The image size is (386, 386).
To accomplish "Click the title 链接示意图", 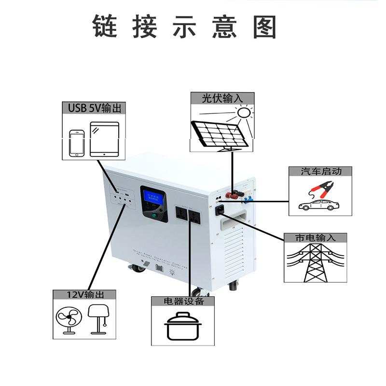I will (x=184, y=27).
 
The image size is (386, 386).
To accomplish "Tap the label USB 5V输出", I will (x=94, y=108).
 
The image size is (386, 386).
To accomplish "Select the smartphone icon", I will (x=76, y=142).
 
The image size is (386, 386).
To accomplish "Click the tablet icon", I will (x=104, y=138).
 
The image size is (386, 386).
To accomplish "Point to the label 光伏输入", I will (x=222, y=98).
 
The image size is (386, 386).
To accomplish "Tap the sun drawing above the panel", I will (x=245, y=112).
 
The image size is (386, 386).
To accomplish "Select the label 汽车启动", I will (x=320, y=171).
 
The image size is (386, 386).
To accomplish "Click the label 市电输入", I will (x=315, y=237).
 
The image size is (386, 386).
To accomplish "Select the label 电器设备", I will (x=183, y=301).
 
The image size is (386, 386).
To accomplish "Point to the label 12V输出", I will (x=84, y=294).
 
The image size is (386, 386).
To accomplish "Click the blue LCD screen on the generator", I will (x=153, y=197).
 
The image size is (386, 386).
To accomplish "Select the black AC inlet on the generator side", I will (x=220, y=209).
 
